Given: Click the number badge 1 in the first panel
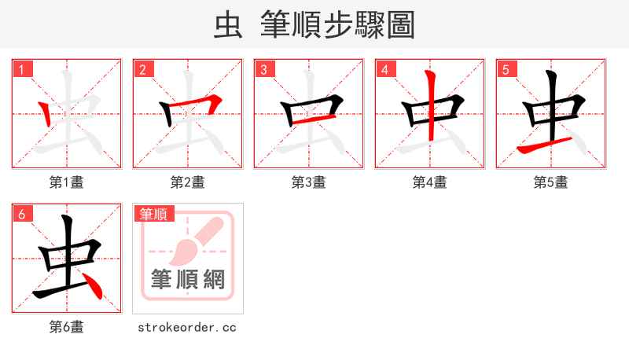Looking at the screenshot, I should [x=21, y=69].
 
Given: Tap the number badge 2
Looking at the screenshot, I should [x=142, y=69].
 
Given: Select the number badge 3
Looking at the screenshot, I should [x=263, y=69].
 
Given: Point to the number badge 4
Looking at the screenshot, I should [x=384, y=69].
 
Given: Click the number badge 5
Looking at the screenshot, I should [x=506, y=69].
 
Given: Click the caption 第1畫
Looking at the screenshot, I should [x=67, y=182].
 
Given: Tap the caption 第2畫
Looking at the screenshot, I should [x=188, y=182].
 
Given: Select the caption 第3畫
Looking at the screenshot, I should [x=309, y=182].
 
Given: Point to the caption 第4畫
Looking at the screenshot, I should [x=430, y=182].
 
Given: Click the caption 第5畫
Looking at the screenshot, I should [x=551, y=182].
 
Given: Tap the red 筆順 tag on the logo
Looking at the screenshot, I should [x=153, y=214].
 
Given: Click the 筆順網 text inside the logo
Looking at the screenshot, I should [x=188, y=279].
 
